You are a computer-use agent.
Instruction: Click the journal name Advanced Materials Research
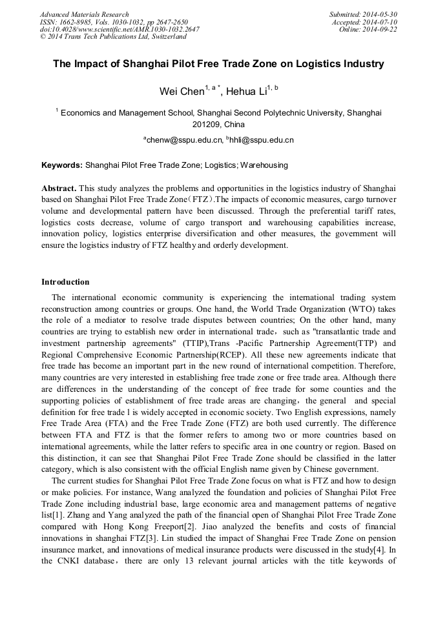tap(84, 14)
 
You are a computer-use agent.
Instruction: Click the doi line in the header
tap(120, 29)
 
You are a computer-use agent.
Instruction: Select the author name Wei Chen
tap(182, 92)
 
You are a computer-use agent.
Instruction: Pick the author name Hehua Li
tap(247, 92)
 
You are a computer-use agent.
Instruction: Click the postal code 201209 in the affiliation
tap(207, 125)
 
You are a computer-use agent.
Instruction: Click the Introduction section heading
tap(65, 281)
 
